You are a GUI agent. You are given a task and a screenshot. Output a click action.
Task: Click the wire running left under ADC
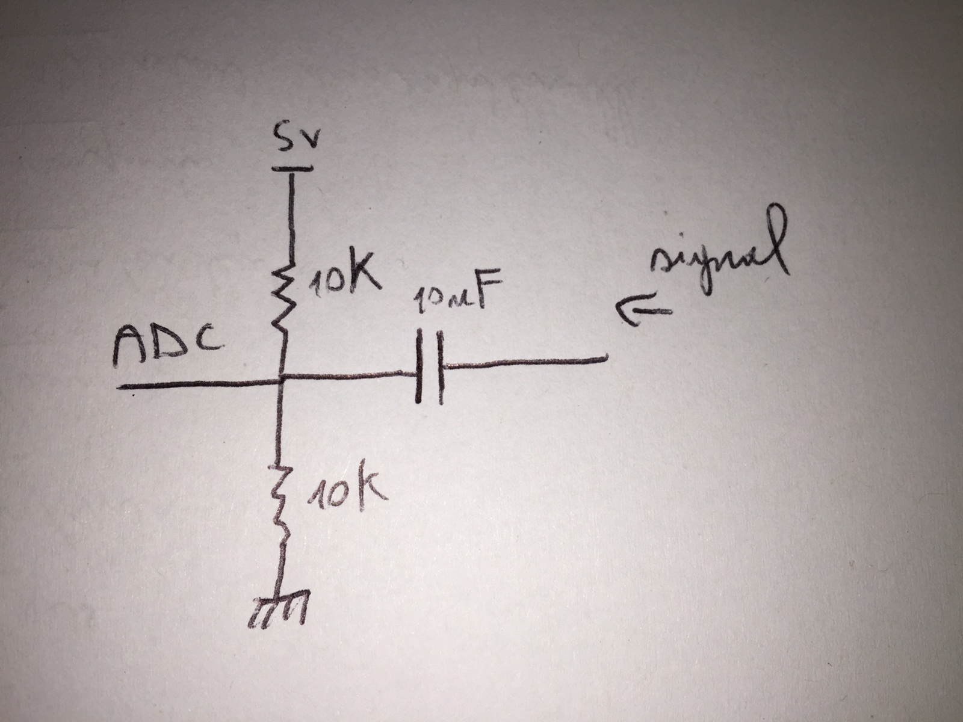tap(199, 384)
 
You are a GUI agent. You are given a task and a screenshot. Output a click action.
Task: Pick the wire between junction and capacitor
tap(349, 377)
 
